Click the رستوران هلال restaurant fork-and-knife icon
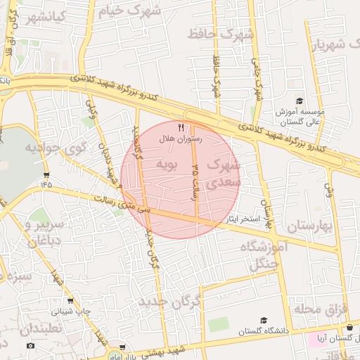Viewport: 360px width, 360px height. pos(181,127)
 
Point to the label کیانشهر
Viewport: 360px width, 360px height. pos(46,16)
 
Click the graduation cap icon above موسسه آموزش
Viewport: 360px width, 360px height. pos(300,101)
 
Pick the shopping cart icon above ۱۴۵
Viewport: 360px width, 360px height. pos(46,174)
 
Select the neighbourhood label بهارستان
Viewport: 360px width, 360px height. pos(309,226)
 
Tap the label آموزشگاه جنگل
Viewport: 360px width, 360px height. pos(264,255)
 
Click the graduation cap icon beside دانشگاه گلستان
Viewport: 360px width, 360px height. pos(264,320)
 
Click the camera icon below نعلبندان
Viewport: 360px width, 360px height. pos(30,345)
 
